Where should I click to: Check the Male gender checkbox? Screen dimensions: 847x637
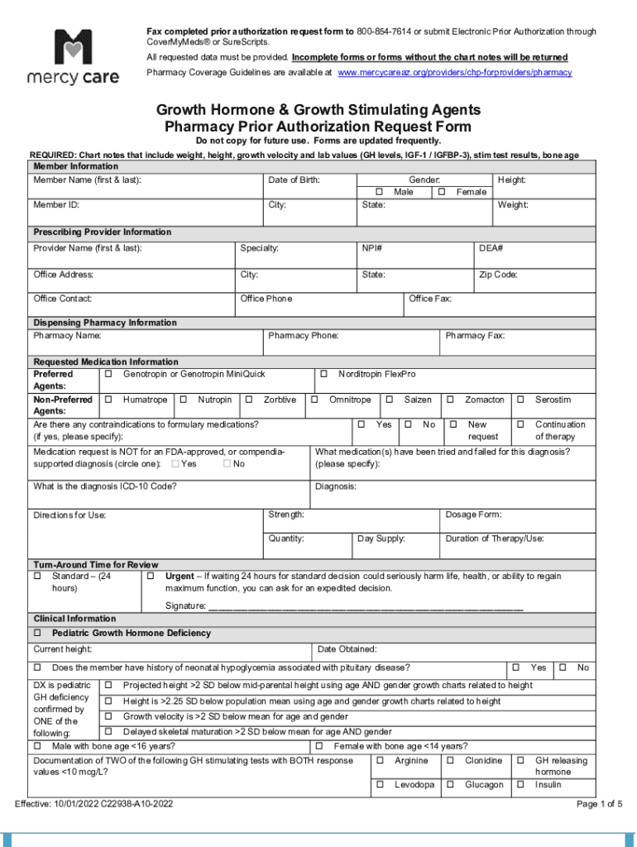(x=379, y=193)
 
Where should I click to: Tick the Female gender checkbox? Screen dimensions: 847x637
(x=442, y=193)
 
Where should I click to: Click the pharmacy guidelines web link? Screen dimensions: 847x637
(x=454, y=73)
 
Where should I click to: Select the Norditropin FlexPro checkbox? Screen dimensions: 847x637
(x=324, y=375)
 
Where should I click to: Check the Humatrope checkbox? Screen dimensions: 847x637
(x=108, y=400)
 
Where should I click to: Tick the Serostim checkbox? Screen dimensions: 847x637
(x=521, y=400)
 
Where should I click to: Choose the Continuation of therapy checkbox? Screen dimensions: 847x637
(x=521, y=424)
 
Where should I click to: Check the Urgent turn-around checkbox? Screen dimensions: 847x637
(x=151, y=577)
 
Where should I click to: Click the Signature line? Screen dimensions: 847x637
(x=365, y=606)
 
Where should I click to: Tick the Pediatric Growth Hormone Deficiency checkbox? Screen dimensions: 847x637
(x=37, y=634)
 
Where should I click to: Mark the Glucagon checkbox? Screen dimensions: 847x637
(x=450, y=785)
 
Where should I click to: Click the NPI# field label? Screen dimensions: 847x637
(x=371, y=248)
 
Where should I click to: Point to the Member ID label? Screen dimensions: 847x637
(x=56, y=205)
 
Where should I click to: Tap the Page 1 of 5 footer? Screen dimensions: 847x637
(x=599, y=804)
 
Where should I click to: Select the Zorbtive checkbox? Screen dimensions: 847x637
(x=249, y=400)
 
